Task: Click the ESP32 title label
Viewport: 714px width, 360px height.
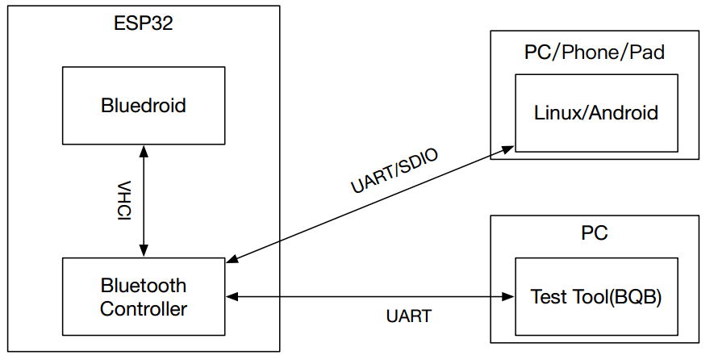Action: click(x=143, y=23)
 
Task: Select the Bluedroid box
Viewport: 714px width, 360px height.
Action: click(x=143, y=106)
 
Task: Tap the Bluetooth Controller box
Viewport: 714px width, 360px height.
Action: click(x=143, y=297)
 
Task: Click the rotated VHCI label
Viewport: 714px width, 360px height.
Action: click(x=124, y=203)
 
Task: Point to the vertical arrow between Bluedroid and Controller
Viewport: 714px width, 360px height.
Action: click(x=144, y=202)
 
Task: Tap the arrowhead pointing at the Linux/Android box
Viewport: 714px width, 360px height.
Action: click(x=508, y=149)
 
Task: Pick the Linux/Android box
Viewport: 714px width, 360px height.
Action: click(x=595, y=113)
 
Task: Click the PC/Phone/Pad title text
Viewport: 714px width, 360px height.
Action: click(x=595, y=53)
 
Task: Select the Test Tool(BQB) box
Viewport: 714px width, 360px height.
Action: click(x=595, y=297)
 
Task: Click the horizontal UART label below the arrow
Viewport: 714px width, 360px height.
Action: click(x=408, y=316)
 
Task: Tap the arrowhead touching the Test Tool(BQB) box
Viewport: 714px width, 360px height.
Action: click(x=509, y=297)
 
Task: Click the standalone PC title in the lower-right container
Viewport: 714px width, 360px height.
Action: click(x=595, y=235)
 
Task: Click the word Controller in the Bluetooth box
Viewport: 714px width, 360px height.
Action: click(x=143, y=308)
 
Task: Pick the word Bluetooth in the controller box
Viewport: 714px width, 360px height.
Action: click(x=143, y=286)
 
